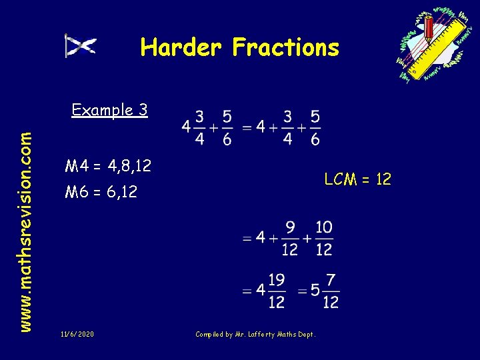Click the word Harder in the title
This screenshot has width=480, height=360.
click(181, 47)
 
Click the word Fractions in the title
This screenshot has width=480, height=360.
click(285, 47)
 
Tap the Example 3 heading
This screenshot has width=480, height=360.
click(109, 110)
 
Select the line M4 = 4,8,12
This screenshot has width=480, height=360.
click(108, 166)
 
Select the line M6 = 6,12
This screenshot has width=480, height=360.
click(101, 193)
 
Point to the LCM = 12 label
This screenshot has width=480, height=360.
click(357, 179)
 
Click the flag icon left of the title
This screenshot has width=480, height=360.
click(81, 46)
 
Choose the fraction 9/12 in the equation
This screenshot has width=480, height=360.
click(290, 238)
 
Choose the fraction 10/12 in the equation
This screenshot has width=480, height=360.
click(323, 238)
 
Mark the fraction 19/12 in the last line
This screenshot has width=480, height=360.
click(276, 291)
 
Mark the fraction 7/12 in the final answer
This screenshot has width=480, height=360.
click(330, 291)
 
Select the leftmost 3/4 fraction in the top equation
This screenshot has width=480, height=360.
click(199, 127)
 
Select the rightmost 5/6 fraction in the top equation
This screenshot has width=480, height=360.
click(315, 127)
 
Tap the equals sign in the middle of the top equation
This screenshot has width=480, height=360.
click(247, 126)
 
